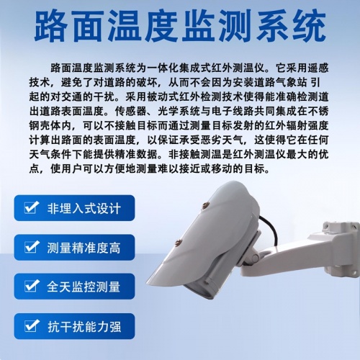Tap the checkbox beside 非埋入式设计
point(30,209)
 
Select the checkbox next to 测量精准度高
point(30,248)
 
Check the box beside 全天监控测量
point(30,287)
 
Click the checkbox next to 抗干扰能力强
point(30,326)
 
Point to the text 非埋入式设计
point(84,209)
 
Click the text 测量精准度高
point(84,248)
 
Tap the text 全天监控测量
point(84,287)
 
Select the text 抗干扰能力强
point(84,326)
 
